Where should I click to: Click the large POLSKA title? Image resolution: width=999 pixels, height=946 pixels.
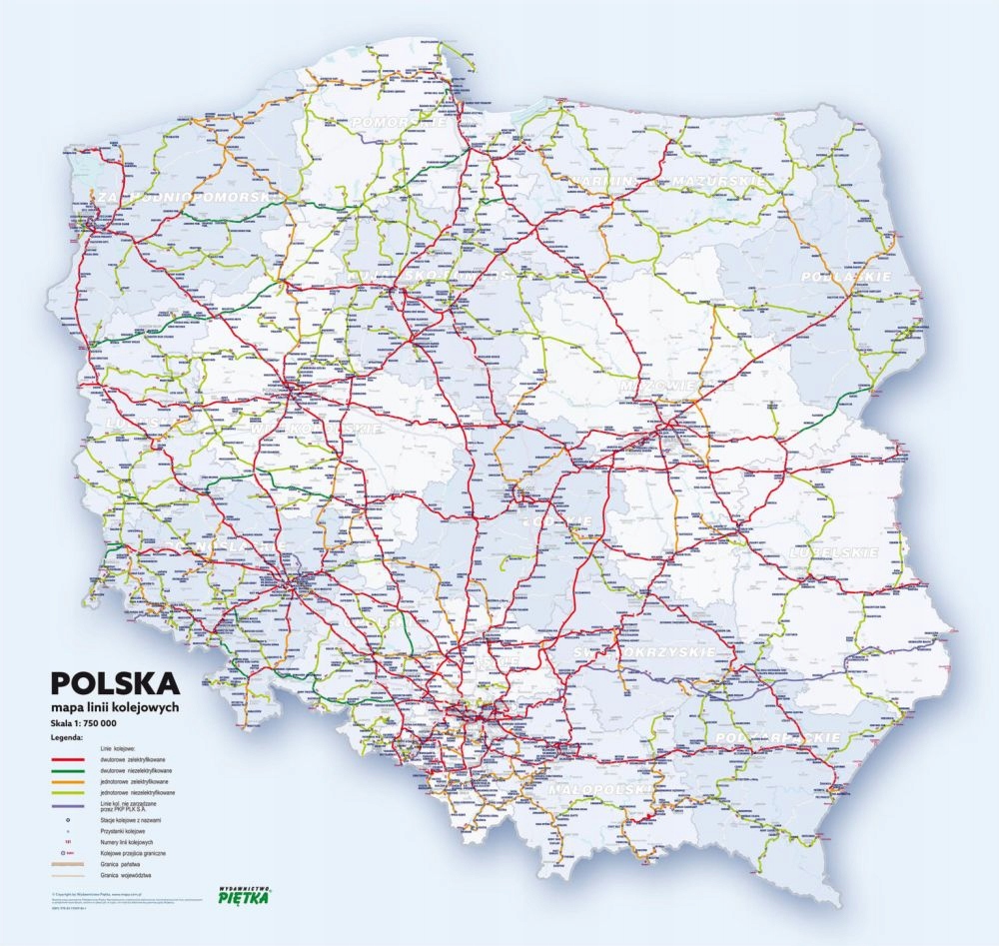[x=116, y=684]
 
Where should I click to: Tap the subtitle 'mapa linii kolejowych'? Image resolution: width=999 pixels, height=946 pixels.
[x=120, y=706]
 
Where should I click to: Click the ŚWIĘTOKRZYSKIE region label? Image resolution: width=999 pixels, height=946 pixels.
[x=645, y=652]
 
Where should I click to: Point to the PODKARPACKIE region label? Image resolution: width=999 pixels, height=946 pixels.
[x=770, y=736]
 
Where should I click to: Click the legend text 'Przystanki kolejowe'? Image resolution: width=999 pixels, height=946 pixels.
[x=124, y=831]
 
